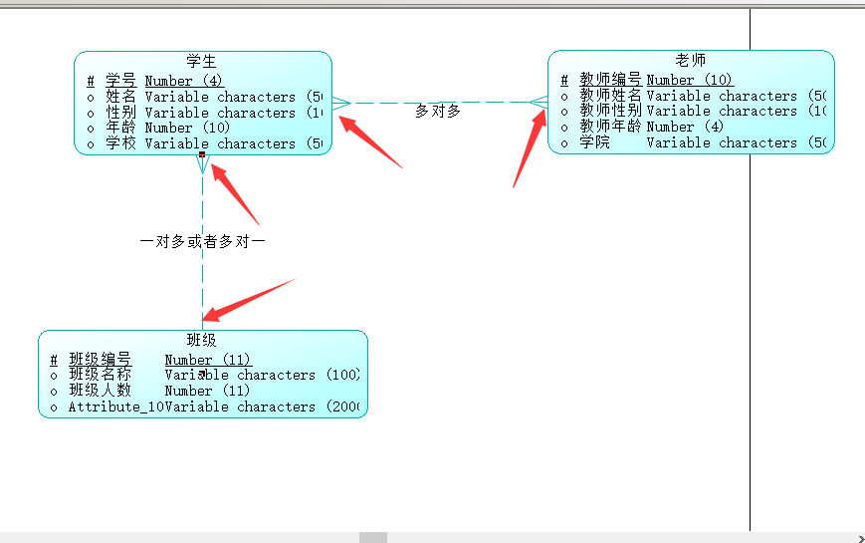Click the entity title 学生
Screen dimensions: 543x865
[x=201, y=62]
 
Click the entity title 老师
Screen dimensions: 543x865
[x=690, y=61]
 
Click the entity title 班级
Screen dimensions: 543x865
[x=202, y=341]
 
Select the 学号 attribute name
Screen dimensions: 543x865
[x=120, y=81]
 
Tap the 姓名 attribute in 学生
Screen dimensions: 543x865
[x=120, y=97]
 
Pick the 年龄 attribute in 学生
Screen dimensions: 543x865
[x=120, y=128]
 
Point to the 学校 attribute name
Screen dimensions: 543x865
[x=120, y=143]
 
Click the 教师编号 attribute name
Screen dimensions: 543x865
[x=610, y=80]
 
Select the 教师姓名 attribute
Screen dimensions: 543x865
[x=610, y=96]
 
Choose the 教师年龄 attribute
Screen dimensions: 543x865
[x=610, y=127]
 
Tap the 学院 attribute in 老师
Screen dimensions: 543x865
[x=595, y=142]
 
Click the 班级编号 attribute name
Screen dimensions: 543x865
[x=100, y=360]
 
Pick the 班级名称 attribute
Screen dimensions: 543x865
[x=100, y=375]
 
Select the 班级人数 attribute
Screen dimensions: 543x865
[x=100, y=391]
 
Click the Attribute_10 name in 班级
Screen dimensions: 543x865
[x=115, y=407]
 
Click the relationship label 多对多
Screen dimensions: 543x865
[x=438, y=111]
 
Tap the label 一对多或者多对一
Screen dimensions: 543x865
[x=203, y=242]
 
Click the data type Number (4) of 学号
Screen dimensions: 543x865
[x=184, y=81]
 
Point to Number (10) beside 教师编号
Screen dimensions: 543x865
[x=689, y=80]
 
